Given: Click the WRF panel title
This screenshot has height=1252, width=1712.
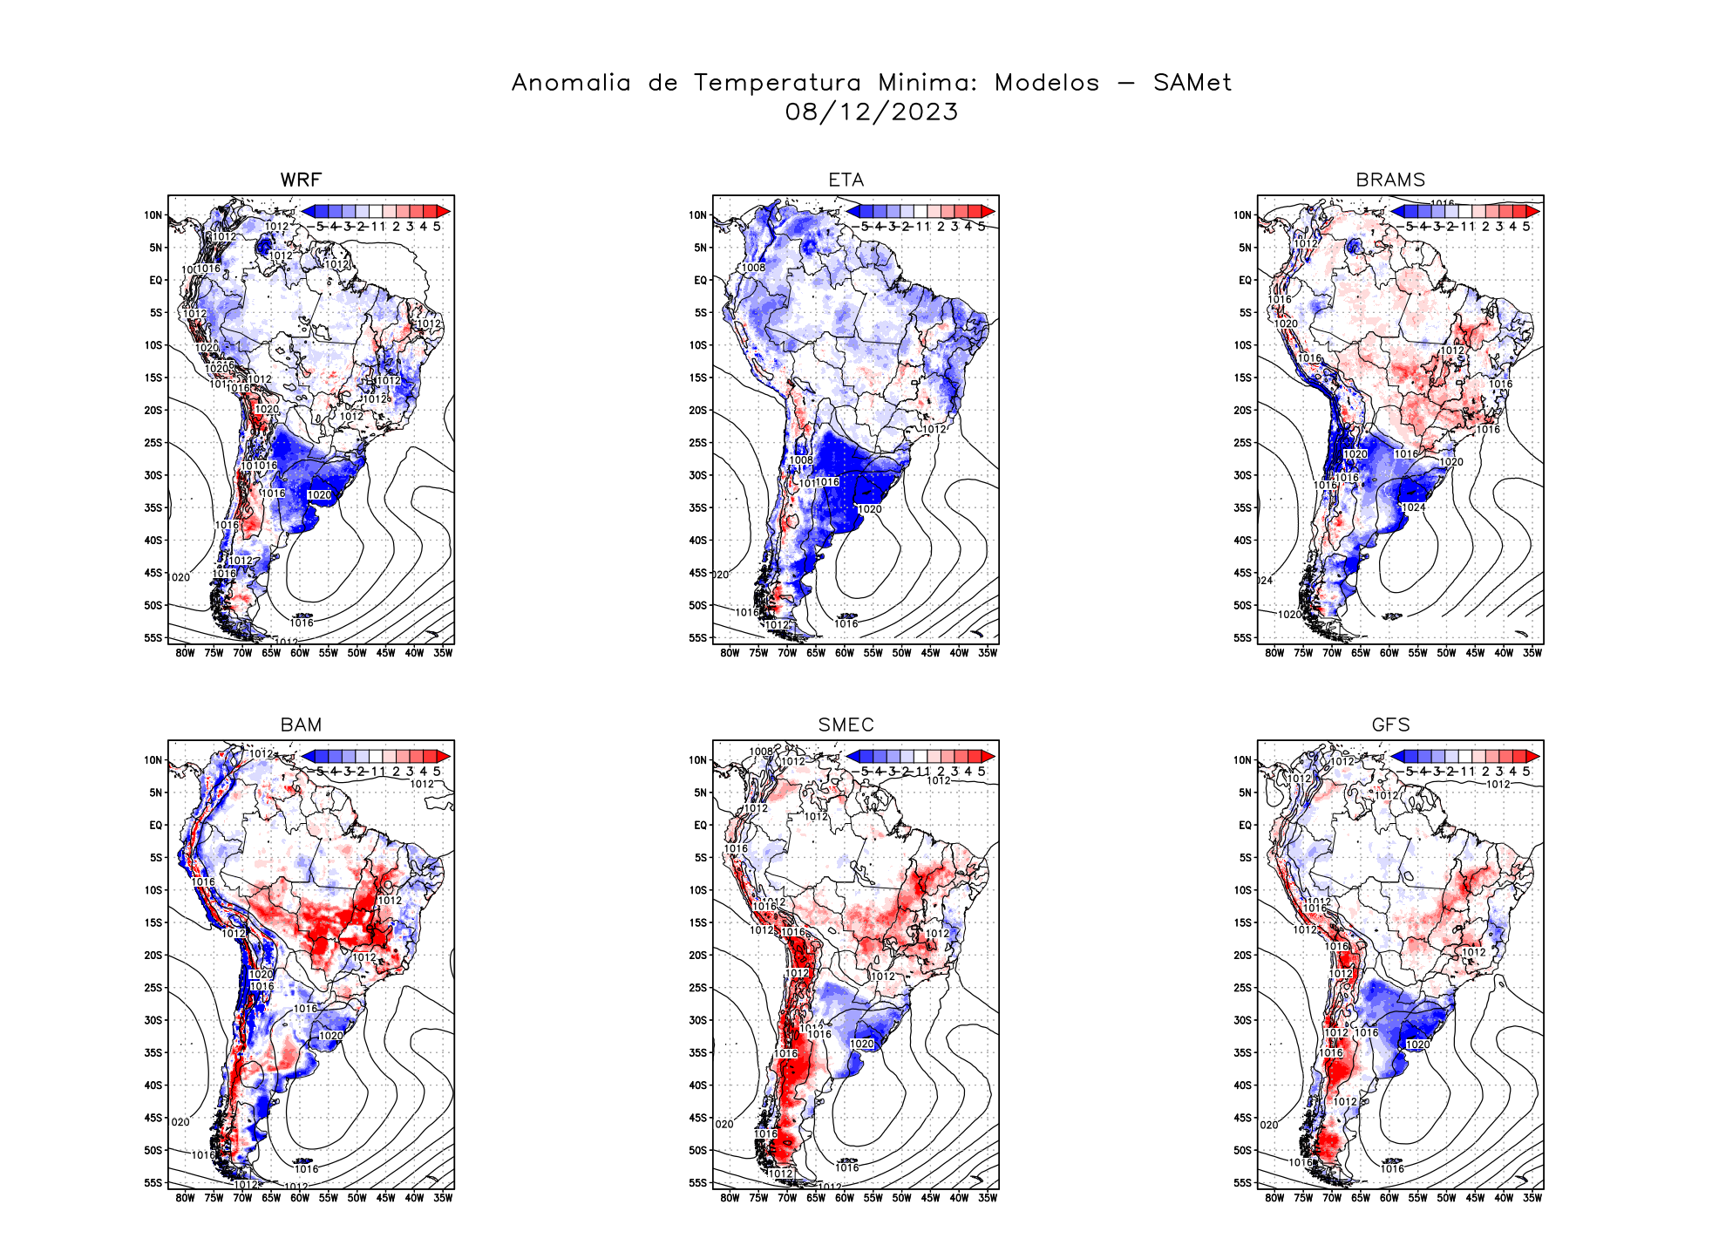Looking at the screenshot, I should (301, 180).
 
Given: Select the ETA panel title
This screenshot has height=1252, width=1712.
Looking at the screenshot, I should (846, 180).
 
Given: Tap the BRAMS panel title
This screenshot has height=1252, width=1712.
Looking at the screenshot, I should (1390, 180).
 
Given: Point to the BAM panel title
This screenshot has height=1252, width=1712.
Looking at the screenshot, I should (301, 725).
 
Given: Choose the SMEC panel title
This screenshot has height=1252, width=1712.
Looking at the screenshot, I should (846, 725).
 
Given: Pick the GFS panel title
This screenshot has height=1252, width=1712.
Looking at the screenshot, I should (1390, 725).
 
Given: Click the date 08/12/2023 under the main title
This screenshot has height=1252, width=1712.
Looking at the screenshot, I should (871, 112).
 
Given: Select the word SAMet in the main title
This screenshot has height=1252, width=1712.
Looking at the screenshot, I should (1192, 83).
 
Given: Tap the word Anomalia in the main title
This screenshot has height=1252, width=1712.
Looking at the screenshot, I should (571, 83).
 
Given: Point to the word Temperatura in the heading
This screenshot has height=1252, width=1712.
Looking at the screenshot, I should (777, 83).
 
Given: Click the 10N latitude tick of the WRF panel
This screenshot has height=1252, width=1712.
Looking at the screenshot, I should (153, 215).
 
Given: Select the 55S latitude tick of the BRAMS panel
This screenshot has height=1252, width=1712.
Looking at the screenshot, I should (1242, 638).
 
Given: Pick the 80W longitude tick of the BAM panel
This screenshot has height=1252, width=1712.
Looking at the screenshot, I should (185, 1198).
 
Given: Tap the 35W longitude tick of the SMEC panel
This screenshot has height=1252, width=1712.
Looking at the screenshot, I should (987, 1198).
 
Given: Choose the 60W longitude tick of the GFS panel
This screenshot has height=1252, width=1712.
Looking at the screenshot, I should (1389, 1198).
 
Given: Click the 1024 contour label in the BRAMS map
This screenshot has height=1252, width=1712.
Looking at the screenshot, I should (1413, 507).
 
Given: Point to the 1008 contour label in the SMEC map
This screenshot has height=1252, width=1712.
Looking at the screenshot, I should (760, 752).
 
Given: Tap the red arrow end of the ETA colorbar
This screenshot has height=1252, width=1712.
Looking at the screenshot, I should (988, 211).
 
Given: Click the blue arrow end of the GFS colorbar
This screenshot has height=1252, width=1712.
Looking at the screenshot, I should (1397, 756).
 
